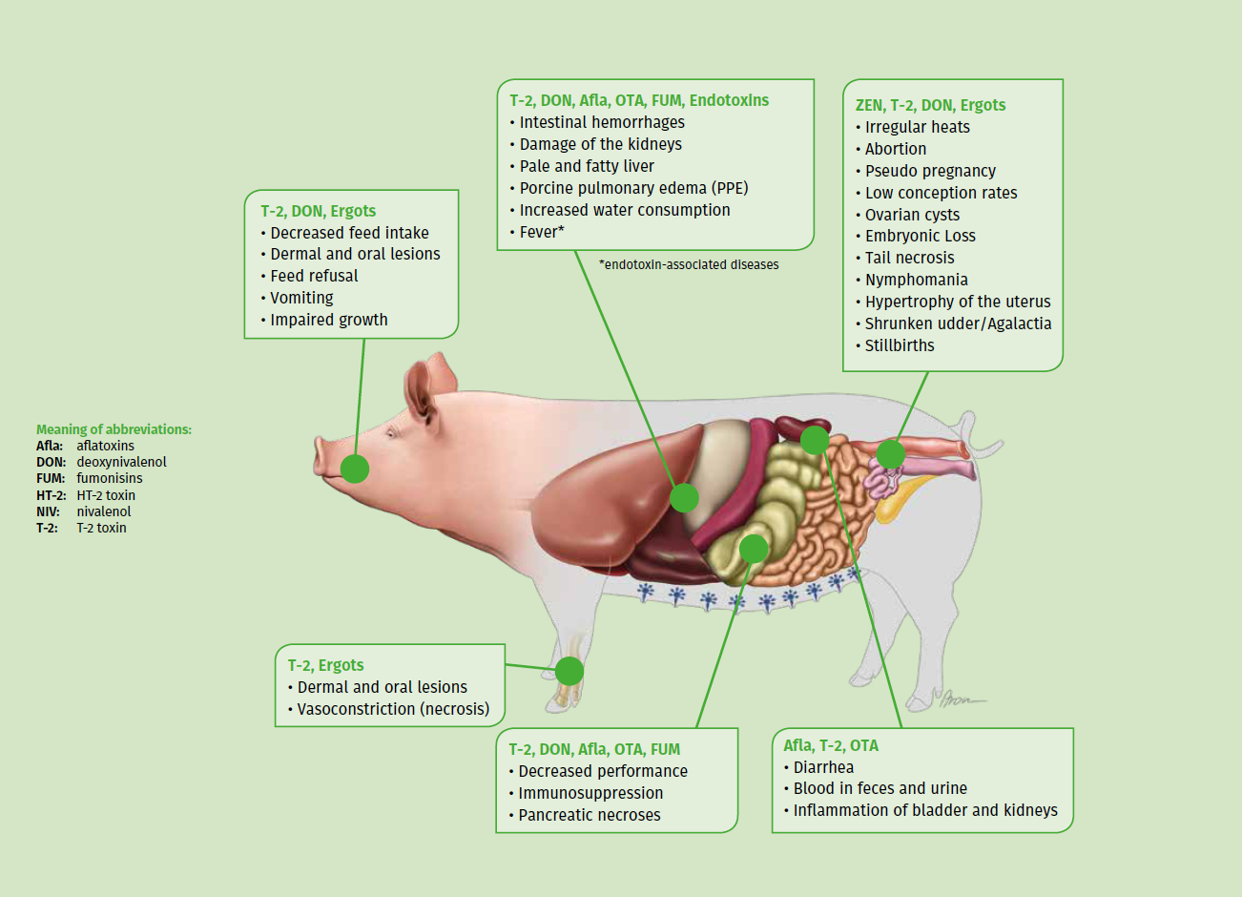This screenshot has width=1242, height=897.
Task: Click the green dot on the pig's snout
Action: coord(354,469)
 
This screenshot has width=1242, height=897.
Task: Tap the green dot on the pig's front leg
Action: coord(569,671)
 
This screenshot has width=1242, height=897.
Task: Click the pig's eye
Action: coord(391,432)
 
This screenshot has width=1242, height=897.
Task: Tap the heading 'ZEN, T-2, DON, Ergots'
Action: coord(930,105)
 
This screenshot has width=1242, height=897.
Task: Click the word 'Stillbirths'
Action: coord(900,345)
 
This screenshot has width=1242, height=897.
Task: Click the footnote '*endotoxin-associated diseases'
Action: coord(689,264)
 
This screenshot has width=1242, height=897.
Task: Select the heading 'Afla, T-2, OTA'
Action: coord(831,745)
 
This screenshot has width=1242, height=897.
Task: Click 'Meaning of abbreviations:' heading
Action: coord(114,429)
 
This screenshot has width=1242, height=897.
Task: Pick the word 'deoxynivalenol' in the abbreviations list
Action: coord(121,462)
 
